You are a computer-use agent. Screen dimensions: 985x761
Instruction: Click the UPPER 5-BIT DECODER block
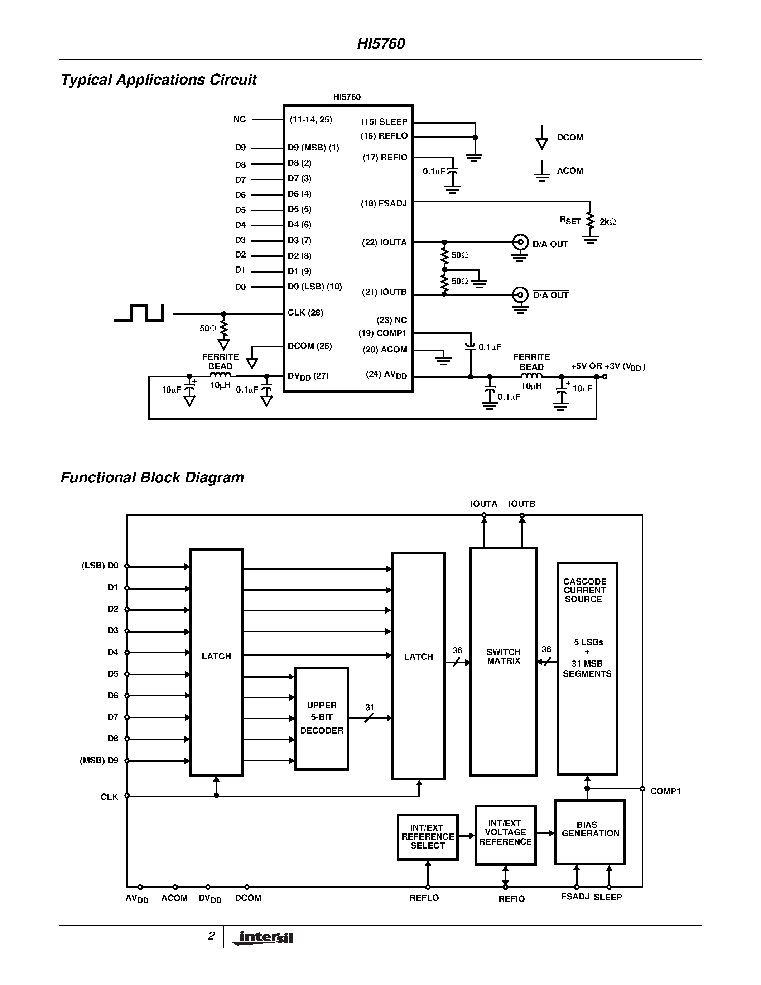[x=322, y=719]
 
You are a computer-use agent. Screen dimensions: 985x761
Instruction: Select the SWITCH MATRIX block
[x=503, y=662]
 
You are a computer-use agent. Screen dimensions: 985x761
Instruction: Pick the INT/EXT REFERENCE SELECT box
[x=427, y=837]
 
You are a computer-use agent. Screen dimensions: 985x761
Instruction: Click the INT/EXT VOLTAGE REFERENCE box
[x=505, y=835]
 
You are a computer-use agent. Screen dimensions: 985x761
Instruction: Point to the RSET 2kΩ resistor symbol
[x=590, y=221]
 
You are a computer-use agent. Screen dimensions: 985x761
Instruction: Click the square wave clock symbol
[x=139, y=313]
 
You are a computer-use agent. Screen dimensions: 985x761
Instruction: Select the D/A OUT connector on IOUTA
[x=520, y=242]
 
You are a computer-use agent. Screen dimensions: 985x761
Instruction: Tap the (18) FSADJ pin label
[x=384, y=203]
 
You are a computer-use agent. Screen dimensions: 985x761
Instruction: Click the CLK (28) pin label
[x=305, y=313]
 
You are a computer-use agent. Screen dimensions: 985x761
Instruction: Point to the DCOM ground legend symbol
[x=541, y=138]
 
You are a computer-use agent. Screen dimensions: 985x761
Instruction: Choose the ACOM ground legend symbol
[x=541, y=171]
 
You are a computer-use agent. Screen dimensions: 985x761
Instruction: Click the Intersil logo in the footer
[x=264, y=938]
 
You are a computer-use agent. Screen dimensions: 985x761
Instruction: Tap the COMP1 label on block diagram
[x=665, y=791]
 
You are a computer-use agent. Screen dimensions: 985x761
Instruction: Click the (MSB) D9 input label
[x=99, y=760]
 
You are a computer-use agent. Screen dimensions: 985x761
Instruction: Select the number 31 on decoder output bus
[x=370, y=707]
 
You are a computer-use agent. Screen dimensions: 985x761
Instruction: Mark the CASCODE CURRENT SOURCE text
[x=584, y=590]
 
